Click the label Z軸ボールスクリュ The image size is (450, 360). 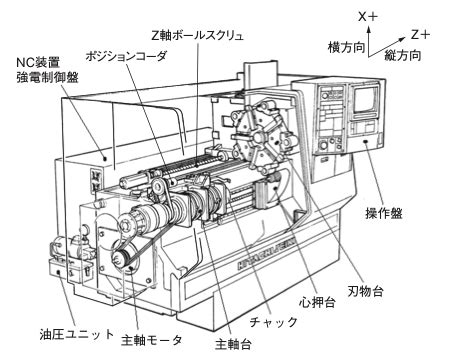(x=197, y=35)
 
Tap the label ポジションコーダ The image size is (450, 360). (x=126, y=56)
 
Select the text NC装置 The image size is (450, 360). (x=38, y=62)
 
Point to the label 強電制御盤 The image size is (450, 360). (x=47, y=77)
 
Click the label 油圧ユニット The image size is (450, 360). (x=77, y=334)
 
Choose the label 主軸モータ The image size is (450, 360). (x=152, y=340)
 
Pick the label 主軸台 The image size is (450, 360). (x=233, y=344)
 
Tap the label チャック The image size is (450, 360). (x=273, y=322)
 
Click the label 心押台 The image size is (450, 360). (x=317, y=302)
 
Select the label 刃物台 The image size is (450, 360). (x=365, y=291)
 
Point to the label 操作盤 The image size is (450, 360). (x=384, y=213)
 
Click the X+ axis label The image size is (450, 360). (x=368, y=16)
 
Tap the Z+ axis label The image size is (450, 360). (x=420, y=34)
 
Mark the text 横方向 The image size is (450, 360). (x=346, y=47)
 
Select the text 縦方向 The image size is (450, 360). (x=403, y=55)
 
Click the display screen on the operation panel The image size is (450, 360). (x=365, y=99)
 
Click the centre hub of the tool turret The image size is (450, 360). (x=258, y=137)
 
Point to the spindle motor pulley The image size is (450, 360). (x=121, y=258)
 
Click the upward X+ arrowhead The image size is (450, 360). (x=368, y=29)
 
